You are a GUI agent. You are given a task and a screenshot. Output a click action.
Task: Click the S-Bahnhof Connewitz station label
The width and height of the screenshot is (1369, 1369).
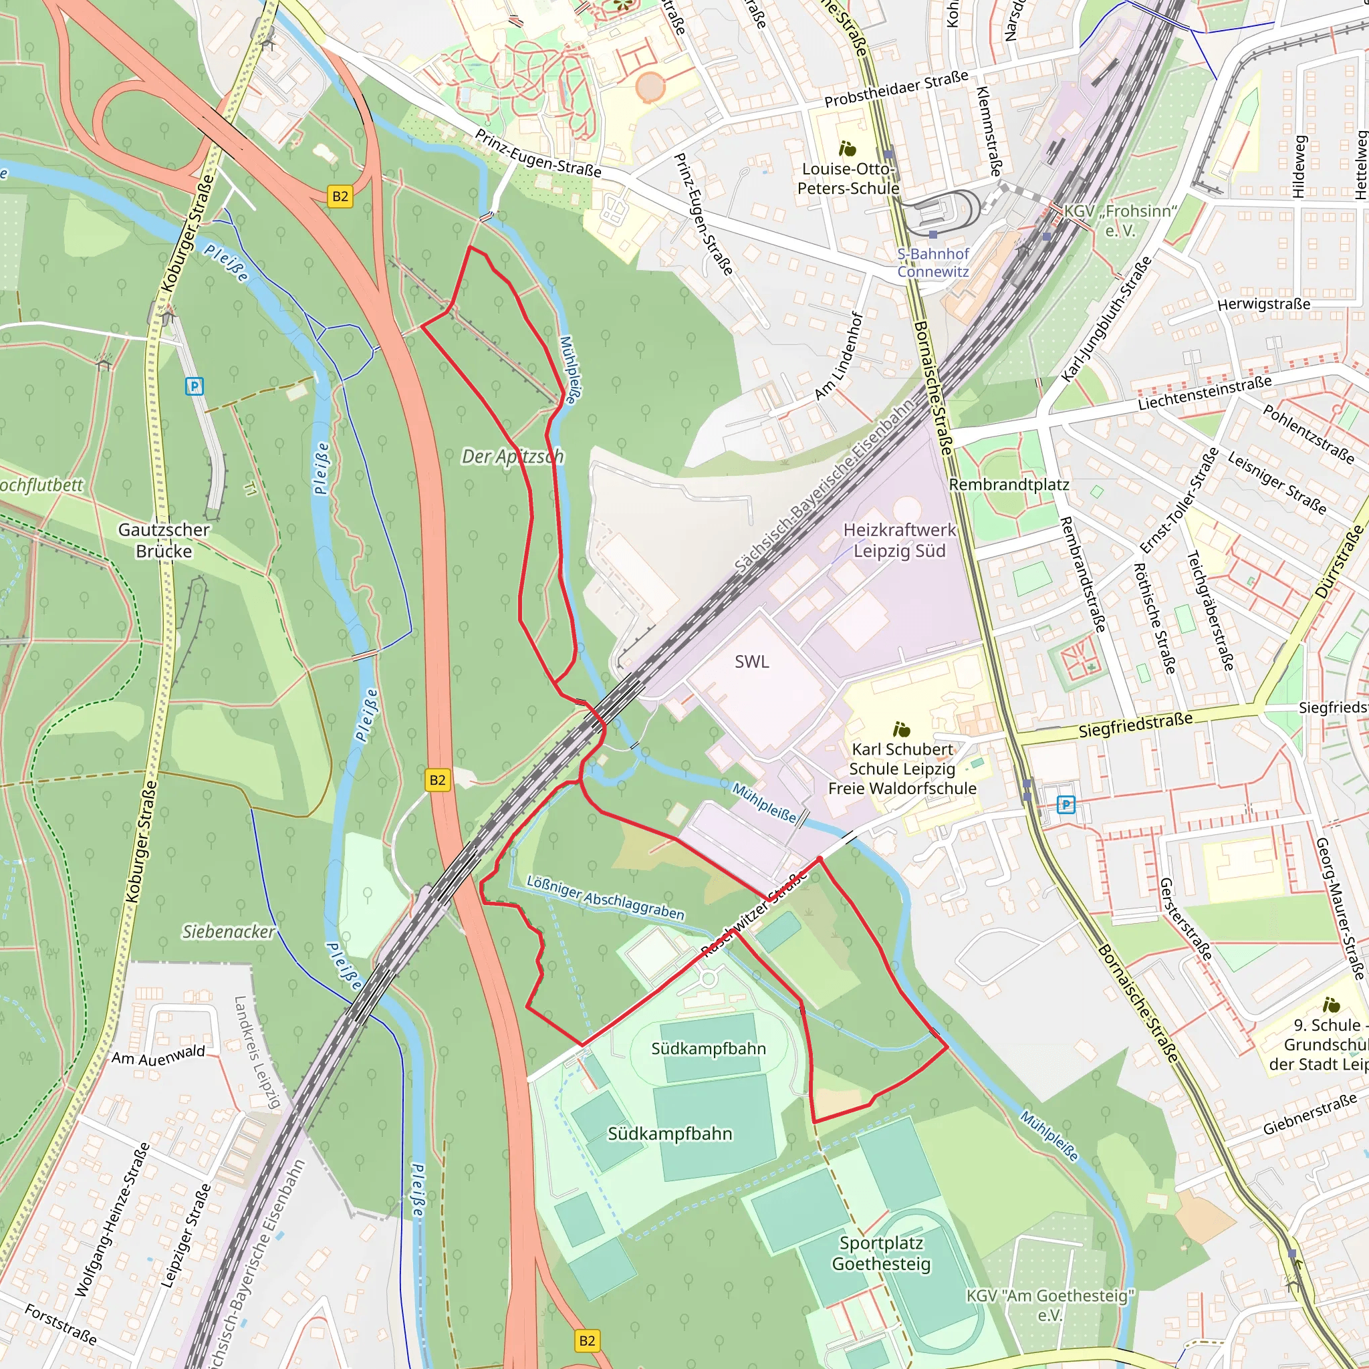pyautogui.click(x=932, y=262)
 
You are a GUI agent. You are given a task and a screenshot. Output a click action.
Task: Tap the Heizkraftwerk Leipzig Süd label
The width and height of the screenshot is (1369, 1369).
pyautogui.click(x=899, y=540)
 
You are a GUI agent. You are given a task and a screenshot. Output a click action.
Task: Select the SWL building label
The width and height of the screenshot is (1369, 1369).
pyautogui.click(x=751, y=661)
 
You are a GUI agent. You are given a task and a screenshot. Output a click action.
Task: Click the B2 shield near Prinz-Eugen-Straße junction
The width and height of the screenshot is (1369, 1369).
pyautogui.click(x=340, y=197)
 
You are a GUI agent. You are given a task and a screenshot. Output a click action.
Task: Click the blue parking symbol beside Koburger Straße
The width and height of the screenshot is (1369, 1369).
pyautogui.click(x=194, y=386)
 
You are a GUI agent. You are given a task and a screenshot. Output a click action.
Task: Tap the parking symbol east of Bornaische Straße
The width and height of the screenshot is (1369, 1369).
pyautogui.click(x=1066, y=804)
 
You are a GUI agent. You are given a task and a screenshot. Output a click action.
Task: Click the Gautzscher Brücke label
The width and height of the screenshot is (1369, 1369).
pyautogui.click(x=164, y=540)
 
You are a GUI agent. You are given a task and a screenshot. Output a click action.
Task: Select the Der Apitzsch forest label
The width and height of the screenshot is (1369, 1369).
pyautogui.click(x=512, y=457)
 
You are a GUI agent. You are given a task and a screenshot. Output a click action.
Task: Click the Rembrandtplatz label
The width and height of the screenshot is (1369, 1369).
pyautogui.click(x=1008, y=485)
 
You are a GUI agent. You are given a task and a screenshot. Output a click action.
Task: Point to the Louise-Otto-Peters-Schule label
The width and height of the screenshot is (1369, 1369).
pyautogui.click(x=848, y=178)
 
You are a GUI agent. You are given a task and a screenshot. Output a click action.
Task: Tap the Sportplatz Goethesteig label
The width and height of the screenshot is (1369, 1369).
pyautogui.click(x=881, y=1253)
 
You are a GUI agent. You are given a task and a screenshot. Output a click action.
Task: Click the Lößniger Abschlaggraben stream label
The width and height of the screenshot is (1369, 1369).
pyautogui.click(x=605, y=897)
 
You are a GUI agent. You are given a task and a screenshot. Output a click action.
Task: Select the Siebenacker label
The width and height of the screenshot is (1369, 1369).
pyautogui.click(x=228, y=931)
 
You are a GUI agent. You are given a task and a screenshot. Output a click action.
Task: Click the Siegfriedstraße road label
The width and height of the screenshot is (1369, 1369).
pyautogui.click(x=1135, y=725)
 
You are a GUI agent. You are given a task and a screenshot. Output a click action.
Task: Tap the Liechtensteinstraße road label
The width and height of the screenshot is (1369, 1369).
pyautogui.click(x=1204, y=393)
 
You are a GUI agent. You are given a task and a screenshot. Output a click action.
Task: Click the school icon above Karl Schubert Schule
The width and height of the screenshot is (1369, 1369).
pyautogui.click(x=901, y=729)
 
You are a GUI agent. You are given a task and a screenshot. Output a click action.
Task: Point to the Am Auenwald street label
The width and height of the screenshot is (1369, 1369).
pyautogui.click(x=158, y=1055)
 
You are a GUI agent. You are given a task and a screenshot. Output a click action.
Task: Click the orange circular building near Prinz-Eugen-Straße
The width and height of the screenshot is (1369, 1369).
pyautogui.click(x=650, y=87)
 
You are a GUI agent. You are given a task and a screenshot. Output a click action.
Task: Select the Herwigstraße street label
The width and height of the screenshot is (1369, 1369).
pyautogui.click(x=1263, y=304)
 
